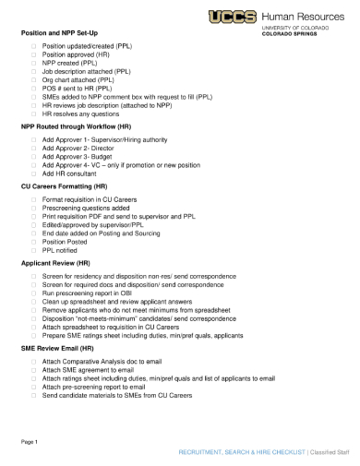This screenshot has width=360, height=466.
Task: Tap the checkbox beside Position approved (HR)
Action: click(34, 54)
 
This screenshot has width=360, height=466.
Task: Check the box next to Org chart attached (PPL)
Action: click(34, 79)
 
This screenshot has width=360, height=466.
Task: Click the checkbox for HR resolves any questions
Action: click(34, 114)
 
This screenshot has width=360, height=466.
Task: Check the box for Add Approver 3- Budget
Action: click(34, 157)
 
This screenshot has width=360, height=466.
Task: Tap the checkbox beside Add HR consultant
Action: click(34, 173)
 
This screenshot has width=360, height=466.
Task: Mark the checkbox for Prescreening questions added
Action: click(34, 207)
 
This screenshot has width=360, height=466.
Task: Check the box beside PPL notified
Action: click(34, 249)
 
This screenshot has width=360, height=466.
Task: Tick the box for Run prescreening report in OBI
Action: click(34, 293)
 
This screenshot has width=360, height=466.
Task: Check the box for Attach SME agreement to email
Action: click(34, 370)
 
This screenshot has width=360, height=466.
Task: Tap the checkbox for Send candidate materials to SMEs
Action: click(34, 395)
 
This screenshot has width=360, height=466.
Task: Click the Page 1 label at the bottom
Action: click(30, 442)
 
